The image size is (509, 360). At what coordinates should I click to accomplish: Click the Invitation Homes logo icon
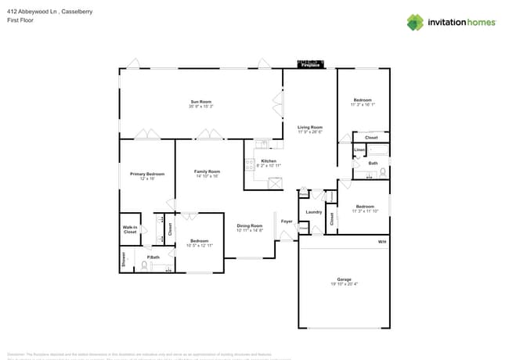(x=415, y=22)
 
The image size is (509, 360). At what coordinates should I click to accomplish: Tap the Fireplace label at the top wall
(x=311, y=66)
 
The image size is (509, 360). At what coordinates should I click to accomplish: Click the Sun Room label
(x=200, y=101)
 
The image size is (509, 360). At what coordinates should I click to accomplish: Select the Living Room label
(x=309, y=127)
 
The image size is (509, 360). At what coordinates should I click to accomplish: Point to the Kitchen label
(x=258, y=160)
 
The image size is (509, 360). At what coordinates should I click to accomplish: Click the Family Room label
(x=208, y=171)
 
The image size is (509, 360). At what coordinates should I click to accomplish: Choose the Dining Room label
(x=249, y=226)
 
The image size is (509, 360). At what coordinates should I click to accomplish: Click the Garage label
(x=344, y=279)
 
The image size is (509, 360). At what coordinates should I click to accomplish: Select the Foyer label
(x=287, y=221)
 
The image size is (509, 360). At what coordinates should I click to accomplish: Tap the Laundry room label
(x=314, y=211)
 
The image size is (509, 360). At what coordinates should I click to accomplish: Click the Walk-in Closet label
(x=130, y=229)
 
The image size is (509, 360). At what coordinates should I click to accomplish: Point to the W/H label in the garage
(x=382, y=242)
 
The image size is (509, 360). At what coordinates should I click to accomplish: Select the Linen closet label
(x=359, y=149)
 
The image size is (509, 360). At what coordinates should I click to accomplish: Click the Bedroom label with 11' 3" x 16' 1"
(x=363, y=100)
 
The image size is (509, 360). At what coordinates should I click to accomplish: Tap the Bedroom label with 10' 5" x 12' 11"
(x=199, y=241)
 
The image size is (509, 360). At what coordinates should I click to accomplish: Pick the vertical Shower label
(x=123, y=260)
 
